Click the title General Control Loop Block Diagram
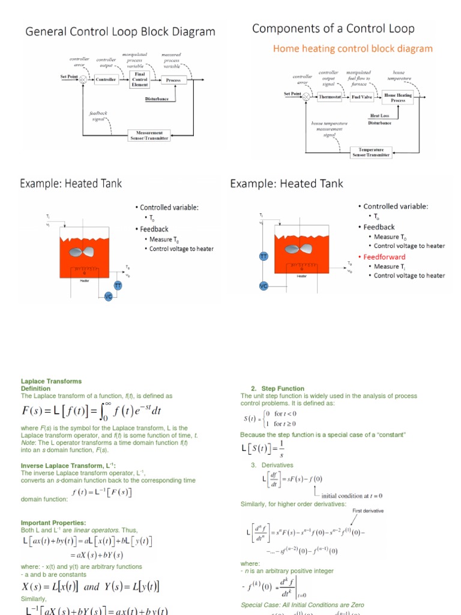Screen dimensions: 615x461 click(120, 32)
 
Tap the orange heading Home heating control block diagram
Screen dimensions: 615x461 click(353, 49)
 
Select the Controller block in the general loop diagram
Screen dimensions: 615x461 click(106, 79)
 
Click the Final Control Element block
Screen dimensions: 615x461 click(139, 79)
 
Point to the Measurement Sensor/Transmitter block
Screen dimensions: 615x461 click(149, 135)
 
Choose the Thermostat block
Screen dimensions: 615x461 click(329, 97)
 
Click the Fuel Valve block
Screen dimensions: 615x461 click(362, 97)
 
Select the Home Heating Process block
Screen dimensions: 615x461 click(398, 97)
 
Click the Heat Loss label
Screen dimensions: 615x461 click(379, 115)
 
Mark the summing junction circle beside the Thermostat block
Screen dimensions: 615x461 click(307, 97)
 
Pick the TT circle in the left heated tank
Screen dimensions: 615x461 click(118, 286)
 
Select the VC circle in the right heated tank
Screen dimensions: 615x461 click(263, 286)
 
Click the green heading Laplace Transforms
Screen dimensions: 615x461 click(51, 381)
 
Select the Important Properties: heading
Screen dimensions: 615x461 click(53, 523)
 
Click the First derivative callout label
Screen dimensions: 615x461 click(367, 510)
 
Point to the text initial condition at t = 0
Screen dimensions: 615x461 click(352, 495)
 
